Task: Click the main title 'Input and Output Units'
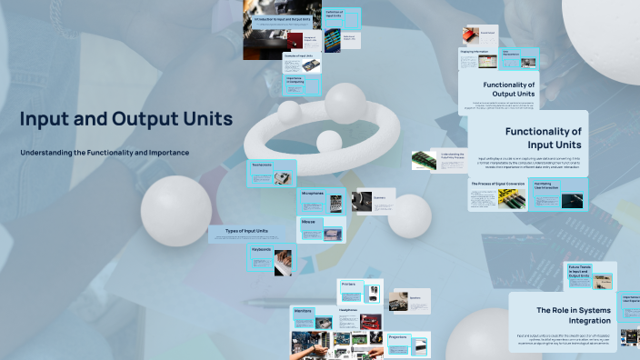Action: [x=126, y=119]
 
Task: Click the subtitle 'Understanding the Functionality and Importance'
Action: [x=105, y=152]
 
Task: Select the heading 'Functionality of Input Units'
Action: [x=543, y=137]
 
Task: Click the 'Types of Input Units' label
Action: [x=245, y=231]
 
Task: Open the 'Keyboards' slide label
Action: [x=263, y=249]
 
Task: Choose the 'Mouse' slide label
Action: [x=309, y=221]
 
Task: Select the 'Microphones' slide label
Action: [x=313, y=193]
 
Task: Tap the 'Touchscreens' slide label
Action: [x=262, y=165]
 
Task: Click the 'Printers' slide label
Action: [x=349, y=284]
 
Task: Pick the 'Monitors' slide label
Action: [x=304, y=310]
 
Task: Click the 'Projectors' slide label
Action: [x=397, y=336]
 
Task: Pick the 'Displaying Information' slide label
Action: [x=475, y=52]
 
